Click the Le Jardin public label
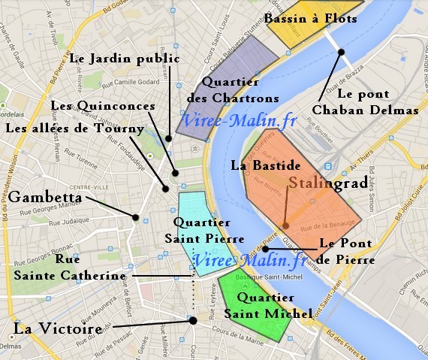coord(124,57)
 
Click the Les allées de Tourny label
coord(74,129)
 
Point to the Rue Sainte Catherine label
coord(69,267)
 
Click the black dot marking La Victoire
coord(193,321)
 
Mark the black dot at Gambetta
coord(135,217)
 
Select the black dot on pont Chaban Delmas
coord(341,51)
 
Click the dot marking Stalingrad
coord(285,225)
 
